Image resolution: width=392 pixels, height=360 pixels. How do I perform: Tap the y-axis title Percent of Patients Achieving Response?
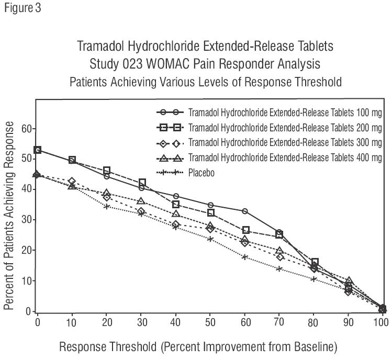tap(9, 215)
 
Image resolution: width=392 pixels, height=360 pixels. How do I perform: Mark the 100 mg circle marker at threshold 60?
tap(245, 211)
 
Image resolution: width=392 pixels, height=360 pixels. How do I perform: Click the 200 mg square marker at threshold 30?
tap(142, 183)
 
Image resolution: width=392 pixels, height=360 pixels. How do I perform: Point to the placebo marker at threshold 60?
tap(245, 257)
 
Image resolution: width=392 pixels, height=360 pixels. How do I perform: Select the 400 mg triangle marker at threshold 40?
tap(176, 213)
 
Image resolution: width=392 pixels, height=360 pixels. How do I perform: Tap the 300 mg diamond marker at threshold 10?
tap(72, 182)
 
